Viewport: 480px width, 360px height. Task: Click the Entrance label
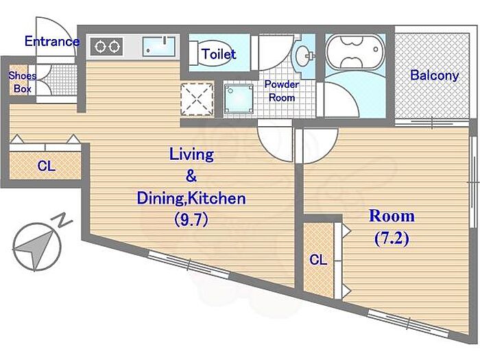51,41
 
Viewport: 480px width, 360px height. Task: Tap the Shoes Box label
23,82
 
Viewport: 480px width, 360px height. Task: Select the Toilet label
219,54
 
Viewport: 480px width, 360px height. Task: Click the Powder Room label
282,91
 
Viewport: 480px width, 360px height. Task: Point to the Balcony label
434,75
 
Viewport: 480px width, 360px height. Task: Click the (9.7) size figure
191,219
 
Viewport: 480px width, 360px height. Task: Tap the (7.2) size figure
392,239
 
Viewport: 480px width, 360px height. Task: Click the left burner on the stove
100,47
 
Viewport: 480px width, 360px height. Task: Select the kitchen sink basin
159,47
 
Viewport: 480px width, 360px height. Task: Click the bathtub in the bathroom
355,53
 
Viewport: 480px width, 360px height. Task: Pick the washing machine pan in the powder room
239,99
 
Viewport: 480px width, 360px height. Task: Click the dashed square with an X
197,99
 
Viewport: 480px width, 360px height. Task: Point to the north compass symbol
37,247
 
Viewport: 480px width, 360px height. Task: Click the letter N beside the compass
64,219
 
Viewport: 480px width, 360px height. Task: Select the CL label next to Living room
46,166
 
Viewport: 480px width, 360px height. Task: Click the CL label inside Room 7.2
318,260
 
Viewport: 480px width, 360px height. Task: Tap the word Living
191,154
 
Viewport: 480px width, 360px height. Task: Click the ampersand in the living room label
191,176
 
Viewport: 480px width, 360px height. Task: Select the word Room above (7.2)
392,216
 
